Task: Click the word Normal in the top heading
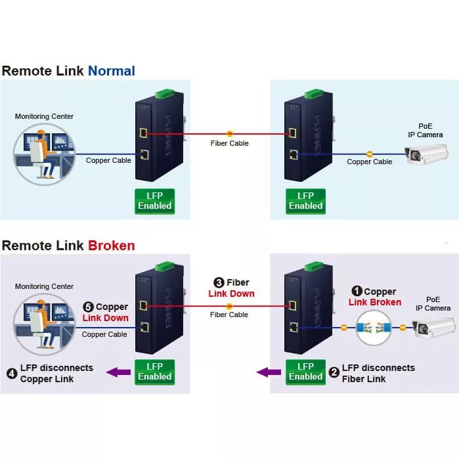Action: [111, 70]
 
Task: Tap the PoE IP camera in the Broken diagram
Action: [433, 326]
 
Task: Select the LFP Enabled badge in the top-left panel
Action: [154, 200]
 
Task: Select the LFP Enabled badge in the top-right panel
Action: [305, 200]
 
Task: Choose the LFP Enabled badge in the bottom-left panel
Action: [154, 372]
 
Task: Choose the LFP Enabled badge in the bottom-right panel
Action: [305, 372]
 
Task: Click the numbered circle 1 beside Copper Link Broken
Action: [357, 292]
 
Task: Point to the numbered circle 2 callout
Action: [334, 373]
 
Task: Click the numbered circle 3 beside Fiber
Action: [213, 282]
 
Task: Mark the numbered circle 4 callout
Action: [12, 373]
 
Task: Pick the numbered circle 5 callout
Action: [88, 307]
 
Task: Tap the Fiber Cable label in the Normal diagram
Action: [229, 142]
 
